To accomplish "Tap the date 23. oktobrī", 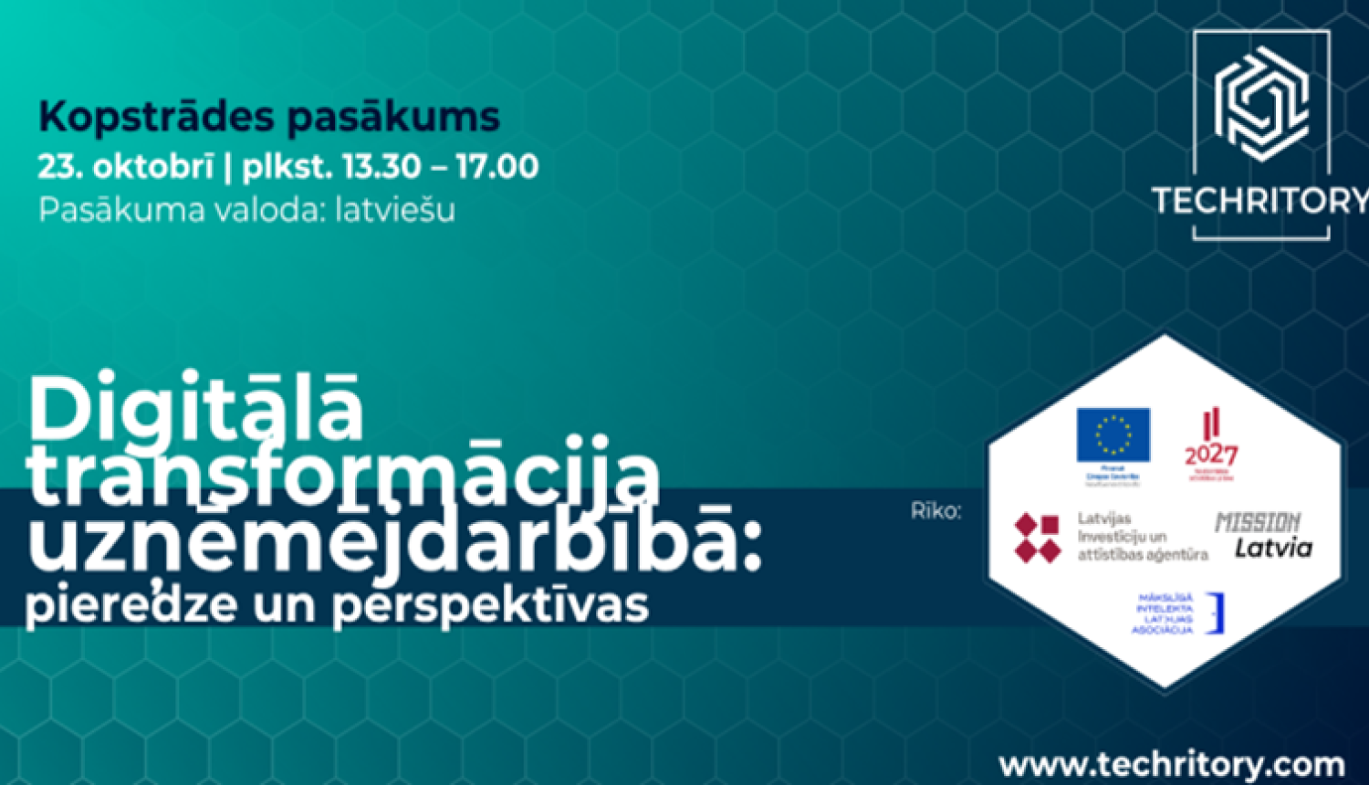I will [x=125, y=167].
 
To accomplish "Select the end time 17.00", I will [x=497, y=167].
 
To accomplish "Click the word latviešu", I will [x=395, y=210].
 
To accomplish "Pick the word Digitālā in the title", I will [x=196, y=408].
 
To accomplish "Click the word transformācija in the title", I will [x=342, y=475].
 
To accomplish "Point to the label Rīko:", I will [x=935, y=511].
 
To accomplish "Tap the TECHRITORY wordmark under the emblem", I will [x=1260, y=200].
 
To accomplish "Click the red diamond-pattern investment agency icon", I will [x=1039, y=538].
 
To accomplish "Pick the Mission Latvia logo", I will [x=1265, y=536].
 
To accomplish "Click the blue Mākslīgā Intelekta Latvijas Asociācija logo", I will [x=1176, y=614].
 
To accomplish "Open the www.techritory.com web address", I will [x=1172, y=764].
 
